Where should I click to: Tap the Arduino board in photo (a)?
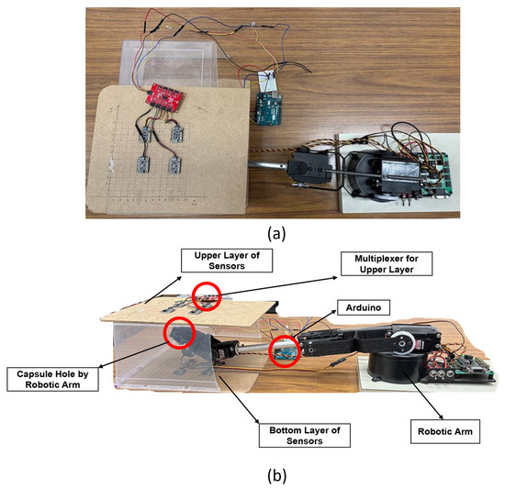click(270, 108)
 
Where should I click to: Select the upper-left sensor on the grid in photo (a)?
click(145, 134)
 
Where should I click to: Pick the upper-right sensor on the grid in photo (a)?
click(177, 134)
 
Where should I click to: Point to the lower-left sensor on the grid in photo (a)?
click(143, 165)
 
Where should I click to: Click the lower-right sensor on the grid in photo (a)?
click(174, 165)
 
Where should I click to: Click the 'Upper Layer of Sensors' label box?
click(227, 261)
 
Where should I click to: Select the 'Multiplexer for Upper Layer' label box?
click(387, 264)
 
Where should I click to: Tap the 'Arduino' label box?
click(364, 308)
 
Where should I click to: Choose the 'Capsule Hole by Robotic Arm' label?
click(52, 379)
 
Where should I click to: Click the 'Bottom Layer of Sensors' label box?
click(305, 435)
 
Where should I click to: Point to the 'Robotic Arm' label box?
click(445, 431)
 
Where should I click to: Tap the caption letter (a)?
click(276, 234)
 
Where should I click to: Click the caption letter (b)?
click(277, 475)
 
